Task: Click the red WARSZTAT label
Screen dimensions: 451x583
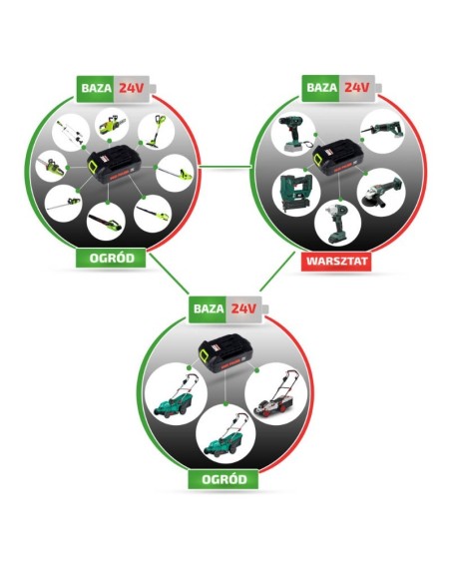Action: click(337, 261)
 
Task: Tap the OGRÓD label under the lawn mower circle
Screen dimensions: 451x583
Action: click(225, 479)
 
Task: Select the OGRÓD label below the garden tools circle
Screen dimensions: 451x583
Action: click(112, 258)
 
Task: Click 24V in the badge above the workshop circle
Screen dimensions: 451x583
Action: click(356, 88)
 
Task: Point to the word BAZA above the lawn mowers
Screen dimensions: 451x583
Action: click(209, 308)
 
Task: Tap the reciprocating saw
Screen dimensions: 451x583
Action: click(382, 131)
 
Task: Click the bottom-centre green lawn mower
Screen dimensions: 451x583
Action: click(225, 435)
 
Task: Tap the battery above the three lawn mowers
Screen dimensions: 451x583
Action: click(225, 353)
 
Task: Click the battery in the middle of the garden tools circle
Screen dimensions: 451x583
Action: click(115, 164)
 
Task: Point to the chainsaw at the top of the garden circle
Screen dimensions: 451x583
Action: click(111, 125)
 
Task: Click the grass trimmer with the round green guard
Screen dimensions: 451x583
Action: click(156, 131)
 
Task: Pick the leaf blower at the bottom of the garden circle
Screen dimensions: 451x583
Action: click(105, 222)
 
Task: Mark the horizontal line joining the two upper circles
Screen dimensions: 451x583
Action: click(225, 166)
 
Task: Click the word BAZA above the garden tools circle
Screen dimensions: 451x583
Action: click(96, 89)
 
